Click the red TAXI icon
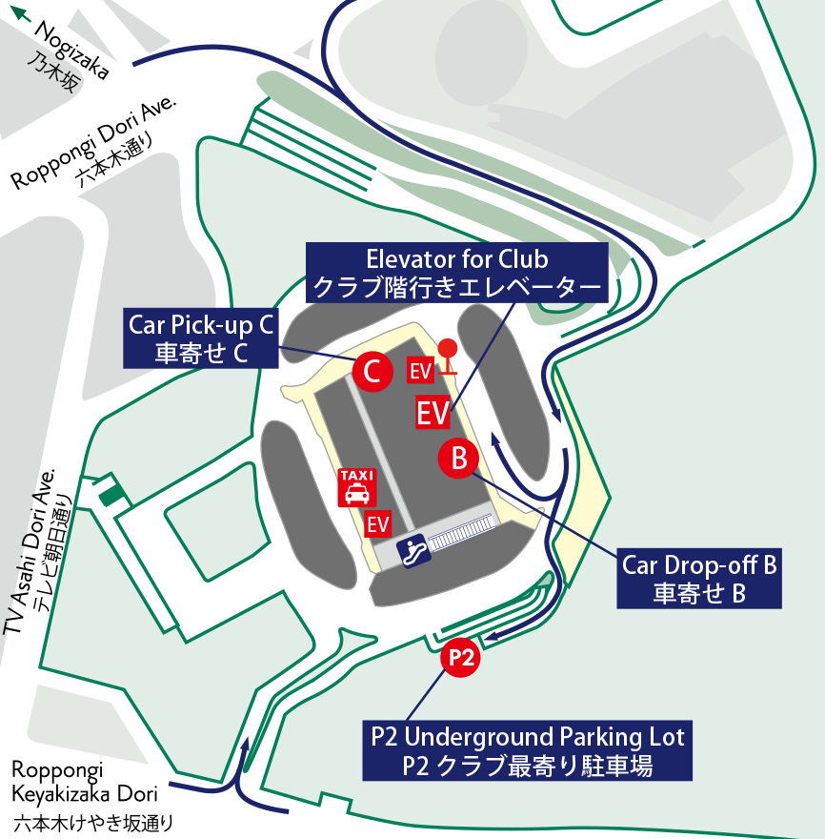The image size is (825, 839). click(x=357, y=486)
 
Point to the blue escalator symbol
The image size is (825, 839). click(x=412, y=550)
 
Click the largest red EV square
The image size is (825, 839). click(x=433, y=413)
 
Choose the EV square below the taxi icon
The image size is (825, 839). click(x=378, y=523)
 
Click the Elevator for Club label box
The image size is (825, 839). click(x=457, y=273)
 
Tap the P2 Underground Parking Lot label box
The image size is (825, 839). click(x=527, y=750)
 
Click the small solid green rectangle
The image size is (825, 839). click(x=112, y=494)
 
